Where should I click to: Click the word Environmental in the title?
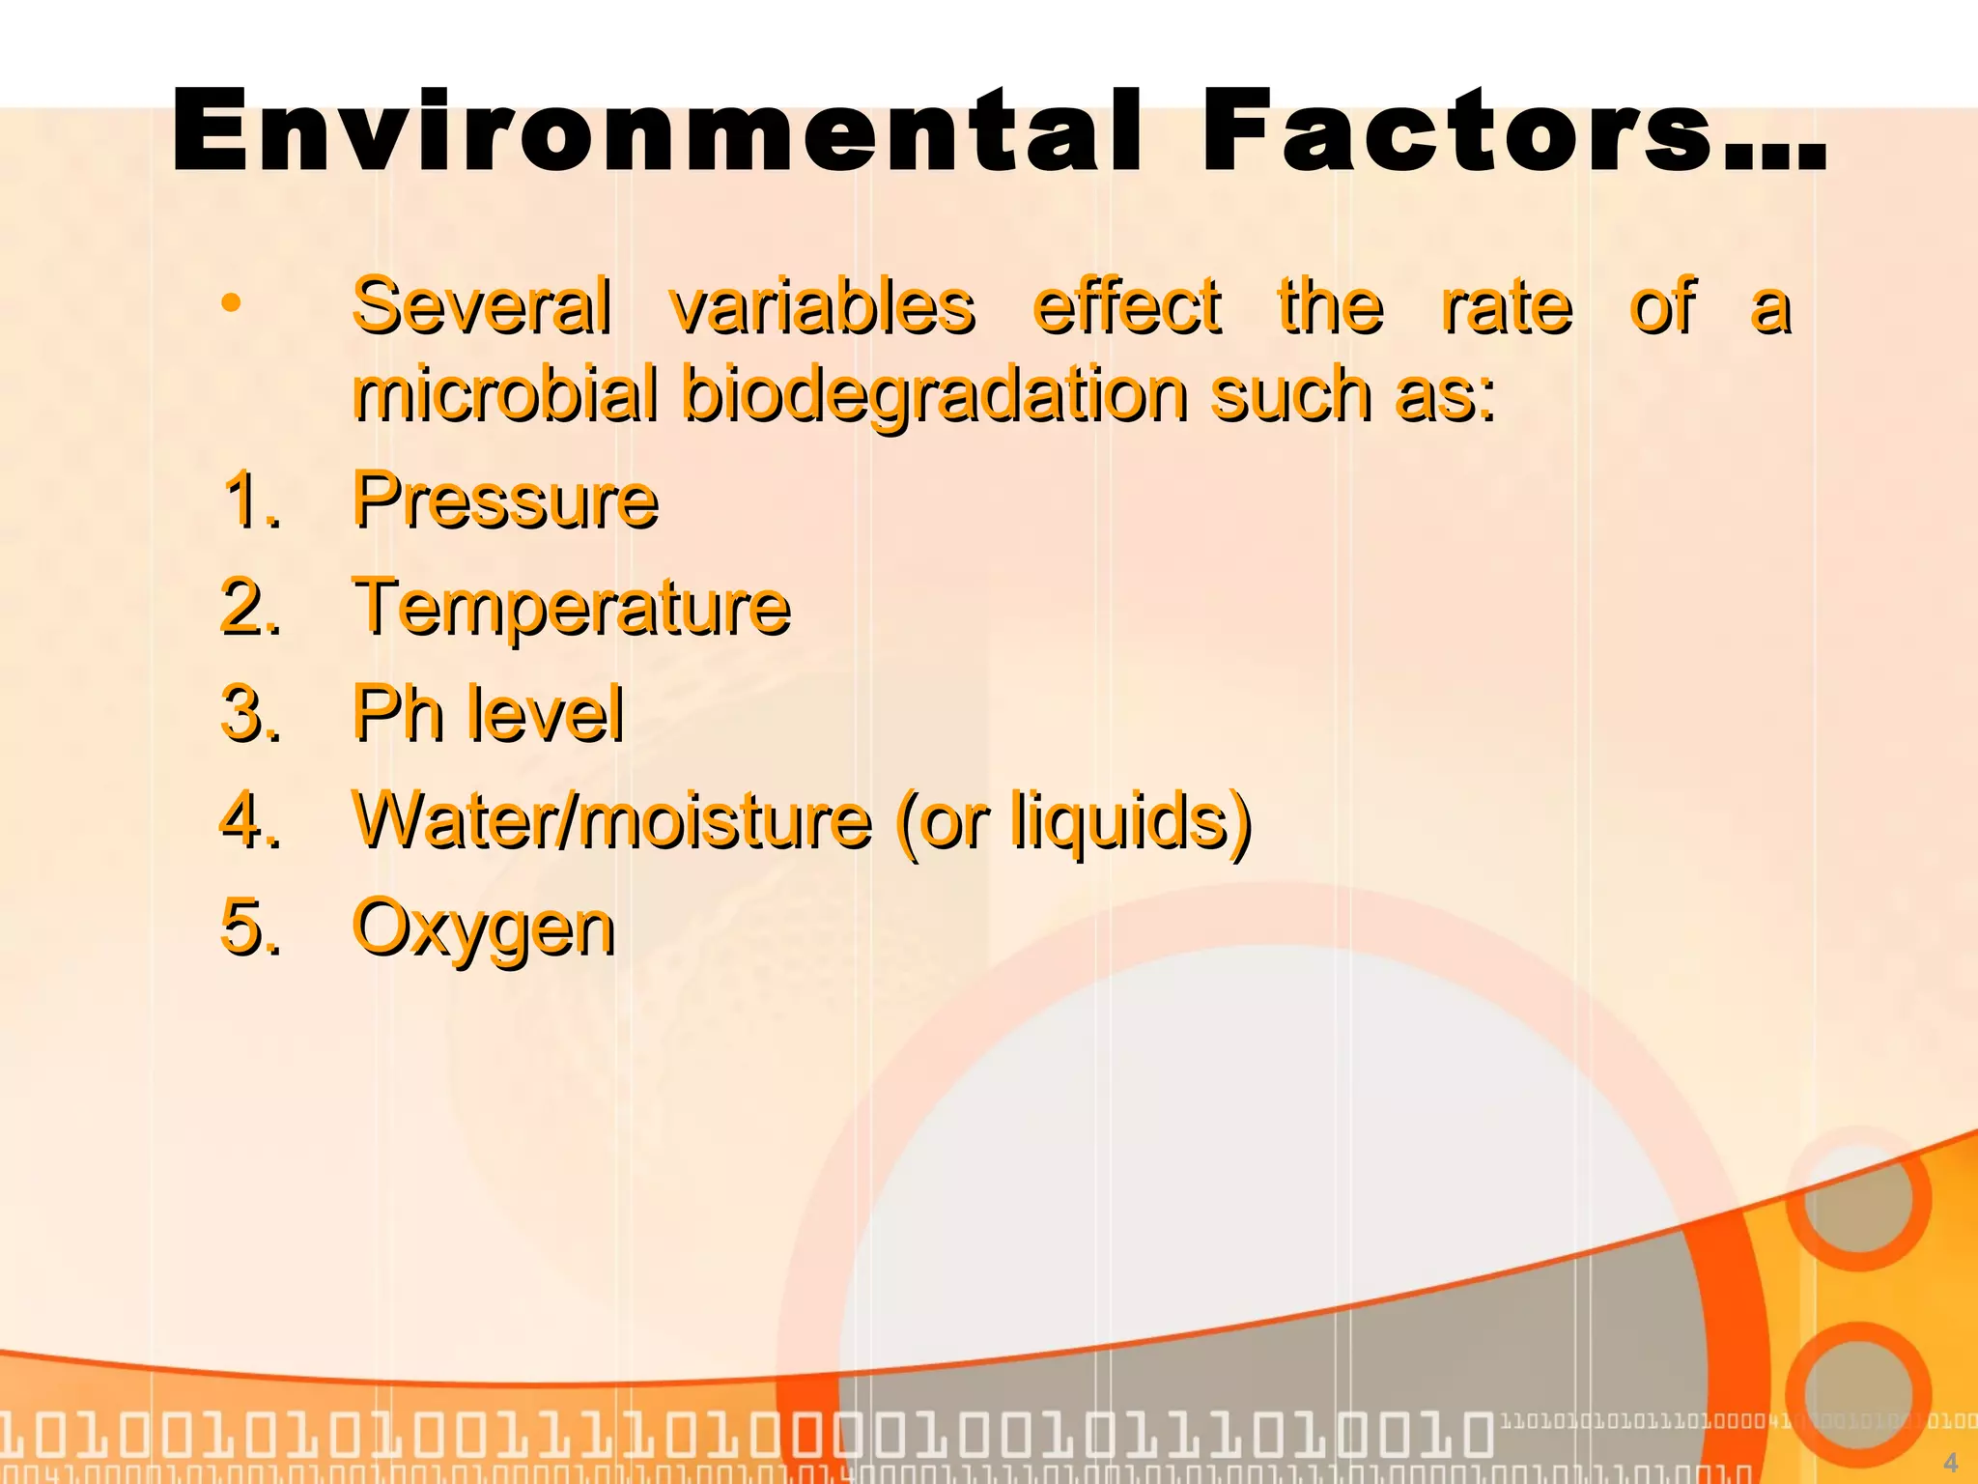(x=657, y=131)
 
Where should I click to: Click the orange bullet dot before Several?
(x=230, y=303)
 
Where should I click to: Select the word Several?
(x=482, y=306)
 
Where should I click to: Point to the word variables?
(x=822, y=306)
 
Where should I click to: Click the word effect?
(x=1127, y=306)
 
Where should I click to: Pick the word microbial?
(x=505, y=394)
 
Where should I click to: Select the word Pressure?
(x=505, y=500)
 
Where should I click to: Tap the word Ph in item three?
(x=396, y=713)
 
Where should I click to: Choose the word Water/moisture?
(x=612, y=819)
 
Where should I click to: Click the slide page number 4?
(x=1950, y=1462)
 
